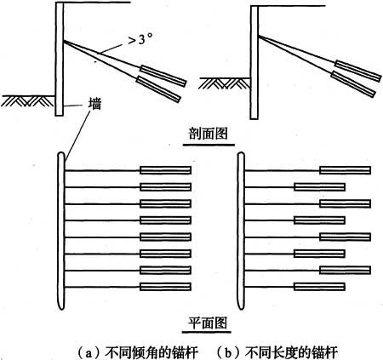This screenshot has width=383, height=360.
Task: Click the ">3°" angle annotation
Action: point(139,39)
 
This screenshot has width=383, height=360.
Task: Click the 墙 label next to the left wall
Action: point(94,104)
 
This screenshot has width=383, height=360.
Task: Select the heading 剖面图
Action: point(209,134)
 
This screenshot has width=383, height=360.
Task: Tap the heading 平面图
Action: point(208,322)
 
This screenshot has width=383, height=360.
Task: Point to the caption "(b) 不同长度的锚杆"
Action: point(277,352)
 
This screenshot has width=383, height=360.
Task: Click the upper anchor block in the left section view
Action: point(163,76)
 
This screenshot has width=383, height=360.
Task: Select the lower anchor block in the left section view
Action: point(158,89)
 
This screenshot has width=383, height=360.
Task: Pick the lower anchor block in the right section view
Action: point(353,84)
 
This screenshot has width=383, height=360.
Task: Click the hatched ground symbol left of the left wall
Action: point(28,100)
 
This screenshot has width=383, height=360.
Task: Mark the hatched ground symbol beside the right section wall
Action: point(225,83)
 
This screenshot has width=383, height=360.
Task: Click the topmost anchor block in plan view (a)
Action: point(165,170)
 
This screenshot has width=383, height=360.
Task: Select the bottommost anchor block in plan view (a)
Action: point(165,287)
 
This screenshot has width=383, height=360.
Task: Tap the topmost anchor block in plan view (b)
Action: point(345,170)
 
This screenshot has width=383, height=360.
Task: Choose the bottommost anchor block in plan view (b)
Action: point(319,287)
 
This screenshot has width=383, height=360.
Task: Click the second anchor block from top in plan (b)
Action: point(319,187)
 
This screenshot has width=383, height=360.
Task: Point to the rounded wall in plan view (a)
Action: point(61,231)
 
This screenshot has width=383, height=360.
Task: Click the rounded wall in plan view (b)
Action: point(241,231)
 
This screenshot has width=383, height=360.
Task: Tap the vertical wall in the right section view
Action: point(254,62)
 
